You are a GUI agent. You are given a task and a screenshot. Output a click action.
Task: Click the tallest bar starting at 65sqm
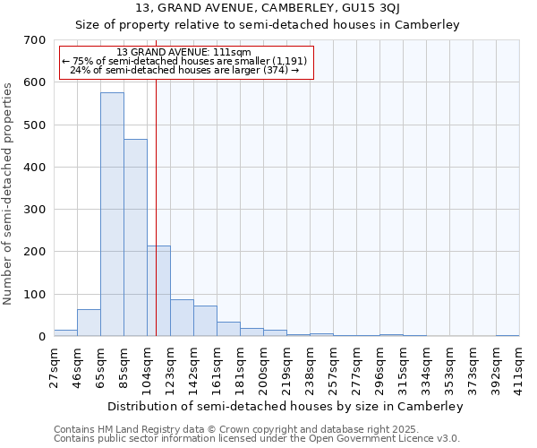[112, 215]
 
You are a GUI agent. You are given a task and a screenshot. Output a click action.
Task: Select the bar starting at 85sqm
[135, 237]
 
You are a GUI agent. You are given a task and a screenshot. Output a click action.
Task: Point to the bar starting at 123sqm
[182, 318]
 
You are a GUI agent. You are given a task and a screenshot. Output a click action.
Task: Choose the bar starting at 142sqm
[205, 321]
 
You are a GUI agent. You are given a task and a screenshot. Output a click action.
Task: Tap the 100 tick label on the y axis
[35, 295]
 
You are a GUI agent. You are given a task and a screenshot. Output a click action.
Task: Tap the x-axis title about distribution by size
[286, 406]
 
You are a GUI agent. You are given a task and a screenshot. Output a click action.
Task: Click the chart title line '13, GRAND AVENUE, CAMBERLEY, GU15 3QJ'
[267, 9]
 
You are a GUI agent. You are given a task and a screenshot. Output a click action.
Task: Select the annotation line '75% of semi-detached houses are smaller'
[185, 61]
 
